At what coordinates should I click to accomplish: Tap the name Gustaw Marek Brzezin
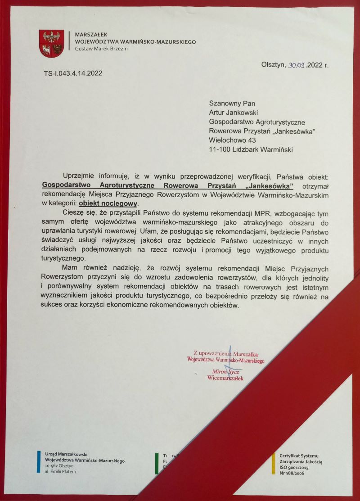[101, 49]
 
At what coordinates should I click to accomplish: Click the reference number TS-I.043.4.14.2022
[70, 73]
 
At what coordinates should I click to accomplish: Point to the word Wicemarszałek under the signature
[225, 378]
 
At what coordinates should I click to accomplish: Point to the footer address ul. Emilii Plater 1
[61, 471]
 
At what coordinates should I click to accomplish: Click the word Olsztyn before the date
[273, 65]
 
